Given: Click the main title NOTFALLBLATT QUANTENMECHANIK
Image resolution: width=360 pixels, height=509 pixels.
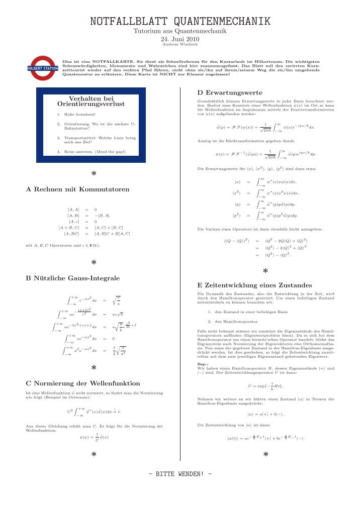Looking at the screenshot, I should click(180, 21).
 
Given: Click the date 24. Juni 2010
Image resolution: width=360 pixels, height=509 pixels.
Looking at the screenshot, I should click(180, 39).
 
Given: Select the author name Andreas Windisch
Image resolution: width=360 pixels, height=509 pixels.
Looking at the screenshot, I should click(180, 44).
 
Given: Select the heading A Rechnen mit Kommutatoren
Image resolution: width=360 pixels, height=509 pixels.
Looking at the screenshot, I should click(77, 189).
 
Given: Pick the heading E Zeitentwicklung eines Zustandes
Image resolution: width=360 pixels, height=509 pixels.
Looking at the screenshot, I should click(247, 285).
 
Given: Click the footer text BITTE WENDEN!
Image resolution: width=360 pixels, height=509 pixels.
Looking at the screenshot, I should click(179, 474).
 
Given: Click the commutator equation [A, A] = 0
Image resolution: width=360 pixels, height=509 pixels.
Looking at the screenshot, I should click(82, 209).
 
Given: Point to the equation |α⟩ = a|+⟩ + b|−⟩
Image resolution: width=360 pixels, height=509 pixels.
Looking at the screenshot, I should click(265, 415).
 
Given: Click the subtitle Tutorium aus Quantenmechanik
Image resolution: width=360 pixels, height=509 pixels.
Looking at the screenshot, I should click(180, 31).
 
